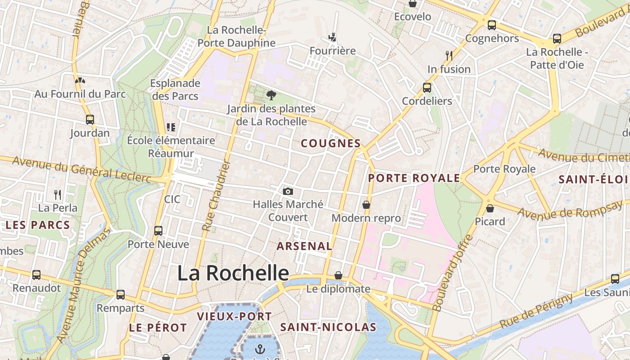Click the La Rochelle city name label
point(233,273)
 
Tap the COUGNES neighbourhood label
point(331,144)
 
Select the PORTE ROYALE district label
point(414,178)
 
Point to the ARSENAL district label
point(304,246)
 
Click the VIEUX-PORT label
point(234,316)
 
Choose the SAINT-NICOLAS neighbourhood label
point(328,327)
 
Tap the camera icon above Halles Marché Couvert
point(288,192)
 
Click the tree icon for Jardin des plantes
point(271,95)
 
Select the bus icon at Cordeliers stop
point(427,88)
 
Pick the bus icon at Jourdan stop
point(90,120)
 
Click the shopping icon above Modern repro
point(366,205)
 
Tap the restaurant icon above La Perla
point(58,194)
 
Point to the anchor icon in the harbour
point(260,349)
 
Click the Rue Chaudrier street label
point(216,196)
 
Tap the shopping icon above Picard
point(490,208)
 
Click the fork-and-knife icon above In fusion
point(449,55)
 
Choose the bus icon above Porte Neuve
point(158,231)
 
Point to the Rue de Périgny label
point(536,311)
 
